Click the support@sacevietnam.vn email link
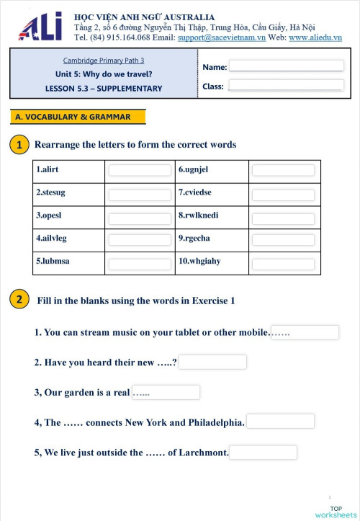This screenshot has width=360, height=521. tap(221, 37)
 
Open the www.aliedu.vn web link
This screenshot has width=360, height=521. tap(315, 37)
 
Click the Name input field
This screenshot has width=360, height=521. tap(286, 66)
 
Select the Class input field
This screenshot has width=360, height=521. tap(286, 85)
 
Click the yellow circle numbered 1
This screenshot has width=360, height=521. tap(19, 145)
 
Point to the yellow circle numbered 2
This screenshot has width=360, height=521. tap(19, 300)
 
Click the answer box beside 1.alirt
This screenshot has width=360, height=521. tap(140, 171)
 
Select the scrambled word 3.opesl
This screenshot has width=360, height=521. tap(50, 215)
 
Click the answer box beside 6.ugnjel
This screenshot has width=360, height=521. tap(283, 171)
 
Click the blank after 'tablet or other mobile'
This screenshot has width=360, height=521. tap(304, 332)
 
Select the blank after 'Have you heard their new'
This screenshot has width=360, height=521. tap(212, 362)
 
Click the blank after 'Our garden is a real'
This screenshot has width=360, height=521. tap(166, 392)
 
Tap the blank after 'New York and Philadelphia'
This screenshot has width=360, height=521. tap(280, 422)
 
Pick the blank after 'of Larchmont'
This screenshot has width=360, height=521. tap(263, 453)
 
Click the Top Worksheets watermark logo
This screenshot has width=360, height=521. tap(335, 511)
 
